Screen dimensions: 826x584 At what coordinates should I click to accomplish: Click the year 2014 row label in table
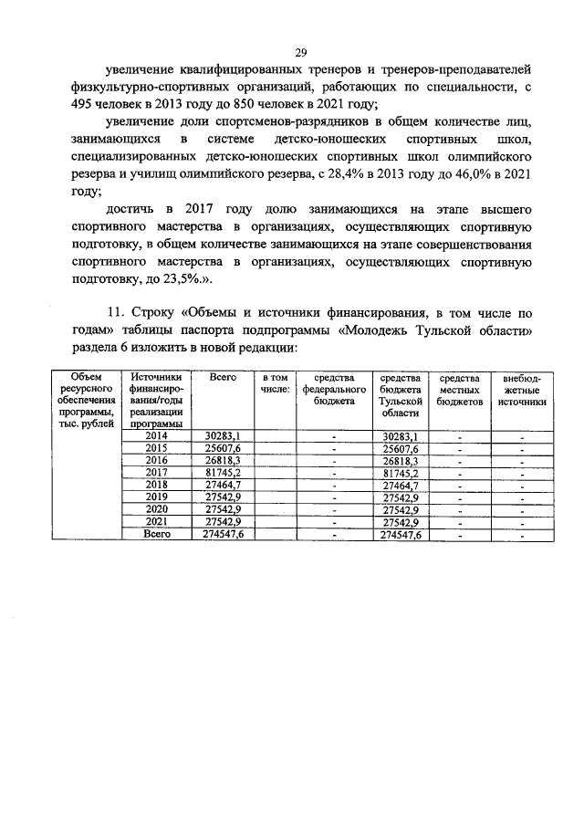point(157,436)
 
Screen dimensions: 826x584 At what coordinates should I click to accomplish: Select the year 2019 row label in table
point(157,498)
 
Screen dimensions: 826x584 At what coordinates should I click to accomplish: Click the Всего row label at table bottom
point(157,535)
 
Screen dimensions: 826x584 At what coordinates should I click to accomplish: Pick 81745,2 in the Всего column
point(224,473)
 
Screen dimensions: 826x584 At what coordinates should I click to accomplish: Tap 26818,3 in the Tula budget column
point(401,461)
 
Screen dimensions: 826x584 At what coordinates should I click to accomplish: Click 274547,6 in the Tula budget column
point(401,535)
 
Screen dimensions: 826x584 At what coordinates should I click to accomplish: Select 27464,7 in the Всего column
point(224,486)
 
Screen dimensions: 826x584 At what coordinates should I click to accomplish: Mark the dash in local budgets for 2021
point(460,523)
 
